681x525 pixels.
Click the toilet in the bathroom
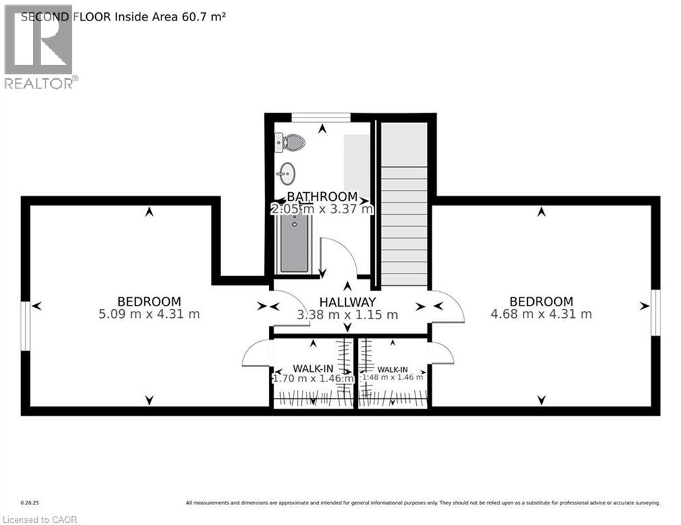point(292,143)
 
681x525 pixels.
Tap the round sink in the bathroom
point(287,174)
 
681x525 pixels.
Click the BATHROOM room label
point(322,197)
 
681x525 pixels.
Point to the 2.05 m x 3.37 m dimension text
point(322,209)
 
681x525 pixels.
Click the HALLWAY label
point(348,302)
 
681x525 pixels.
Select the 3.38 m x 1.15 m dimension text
point(346,315)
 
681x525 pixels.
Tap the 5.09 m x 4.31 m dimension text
point(149,314)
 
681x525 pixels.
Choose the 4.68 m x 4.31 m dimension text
point(541,314)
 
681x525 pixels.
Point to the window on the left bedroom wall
point(25,326)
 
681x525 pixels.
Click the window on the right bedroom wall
point(655,312)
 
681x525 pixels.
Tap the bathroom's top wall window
point(321,117)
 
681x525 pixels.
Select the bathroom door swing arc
point(339,256)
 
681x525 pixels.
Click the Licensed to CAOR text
point(40,520)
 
